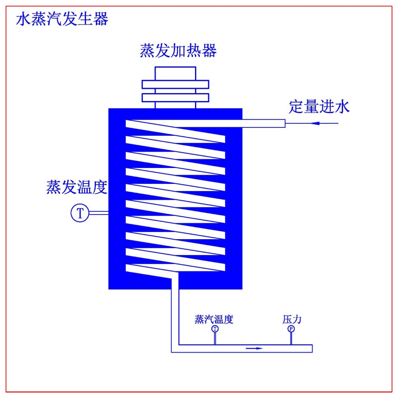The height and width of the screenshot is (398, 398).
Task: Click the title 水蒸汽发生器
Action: [x=62, y=19]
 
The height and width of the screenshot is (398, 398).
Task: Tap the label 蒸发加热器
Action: [x=178, y=51]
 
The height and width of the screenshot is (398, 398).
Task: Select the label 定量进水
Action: [x=319, y=107]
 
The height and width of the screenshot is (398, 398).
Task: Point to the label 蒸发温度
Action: [x=77, y=187]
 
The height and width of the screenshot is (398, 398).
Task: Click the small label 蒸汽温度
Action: [x=214, y=319]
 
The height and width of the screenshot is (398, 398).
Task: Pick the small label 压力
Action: [x=292, y=319]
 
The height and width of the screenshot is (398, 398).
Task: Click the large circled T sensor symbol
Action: [x=80, y=213]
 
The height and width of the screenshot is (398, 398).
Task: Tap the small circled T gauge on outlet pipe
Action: [x=215, y=329]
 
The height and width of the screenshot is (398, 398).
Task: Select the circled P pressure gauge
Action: [x=291, y=329]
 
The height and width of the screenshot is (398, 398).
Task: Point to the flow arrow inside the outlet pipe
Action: [x=255, y=349]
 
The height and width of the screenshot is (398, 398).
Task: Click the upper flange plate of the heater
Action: [x=176, y=84]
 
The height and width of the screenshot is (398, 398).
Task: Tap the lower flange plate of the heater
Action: [x=176, y=98]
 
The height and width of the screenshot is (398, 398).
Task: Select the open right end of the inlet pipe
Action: [x=284, y=124]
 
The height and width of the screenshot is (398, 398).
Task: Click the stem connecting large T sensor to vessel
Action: [x=98, y=213]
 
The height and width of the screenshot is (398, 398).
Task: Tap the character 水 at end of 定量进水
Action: [x=342, y=107]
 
